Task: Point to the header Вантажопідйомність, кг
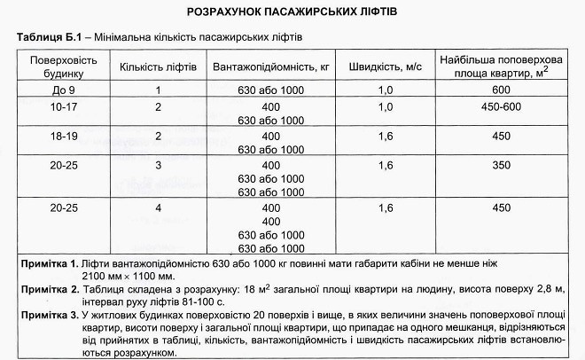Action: coord(271,67)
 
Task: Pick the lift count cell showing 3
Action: coord(158,165)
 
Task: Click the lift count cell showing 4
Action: coord(158,208)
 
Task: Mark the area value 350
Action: coord(502,165)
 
